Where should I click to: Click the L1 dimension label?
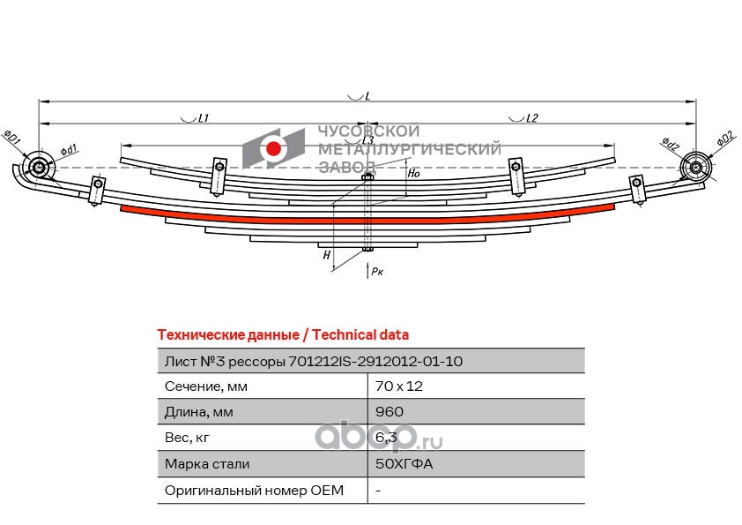coord(202,118)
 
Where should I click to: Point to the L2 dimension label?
coord(531,118)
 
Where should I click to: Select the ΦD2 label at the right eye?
coord(724,139)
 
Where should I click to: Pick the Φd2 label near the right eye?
coord(670,145)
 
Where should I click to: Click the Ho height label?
coord(412,174)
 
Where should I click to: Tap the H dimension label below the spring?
coord(327,256)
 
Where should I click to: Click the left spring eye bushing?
coord(39,167)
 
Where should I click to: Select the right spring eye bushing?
coord(697,168)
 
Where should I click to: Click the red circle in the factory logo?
coord(274,149)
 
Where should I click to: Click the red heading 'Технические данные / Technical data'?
coord(282,335)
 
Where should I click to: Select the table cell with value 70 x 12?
coord(389,386)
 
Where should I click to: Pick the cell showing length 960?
coord(389,412)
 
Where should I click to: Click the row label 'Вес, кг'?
coord(187,438)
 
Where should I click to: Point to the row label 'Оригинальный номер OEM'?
coord(254,490)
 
